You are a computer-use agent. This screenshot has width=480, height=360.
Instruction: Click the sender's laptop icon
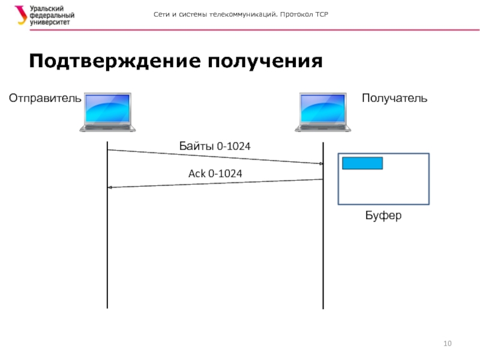pos(108,112)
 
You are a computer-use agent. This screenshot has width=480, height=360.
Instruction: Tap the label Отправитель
pos(44,98)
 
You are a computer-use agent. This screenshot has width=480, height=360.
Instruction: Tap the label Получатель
pos(394,98)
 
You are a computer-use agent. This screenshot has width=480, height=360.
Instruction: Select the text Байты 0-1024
pos(215,146)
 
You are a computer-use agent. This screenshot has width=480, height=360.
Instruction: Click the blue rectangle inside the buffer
pos(362,163)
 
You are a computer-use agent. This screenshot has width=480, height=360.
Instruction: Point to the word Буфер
pos(383,215)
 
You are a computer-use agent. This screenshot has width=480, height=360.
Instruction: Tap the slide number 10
pos(447,343)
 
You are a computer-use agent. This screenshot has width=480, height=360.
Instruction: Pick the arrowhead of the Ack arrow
pos(109,188)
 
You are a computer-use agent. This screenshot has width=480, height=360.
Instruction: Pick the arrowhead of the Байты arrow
pos(321,163)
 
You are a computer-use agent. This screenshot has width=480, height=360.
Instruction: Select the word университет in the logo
pos(50,22)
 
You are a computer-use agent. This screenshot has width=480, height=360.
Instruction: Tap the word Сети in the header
pos(162,14)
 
